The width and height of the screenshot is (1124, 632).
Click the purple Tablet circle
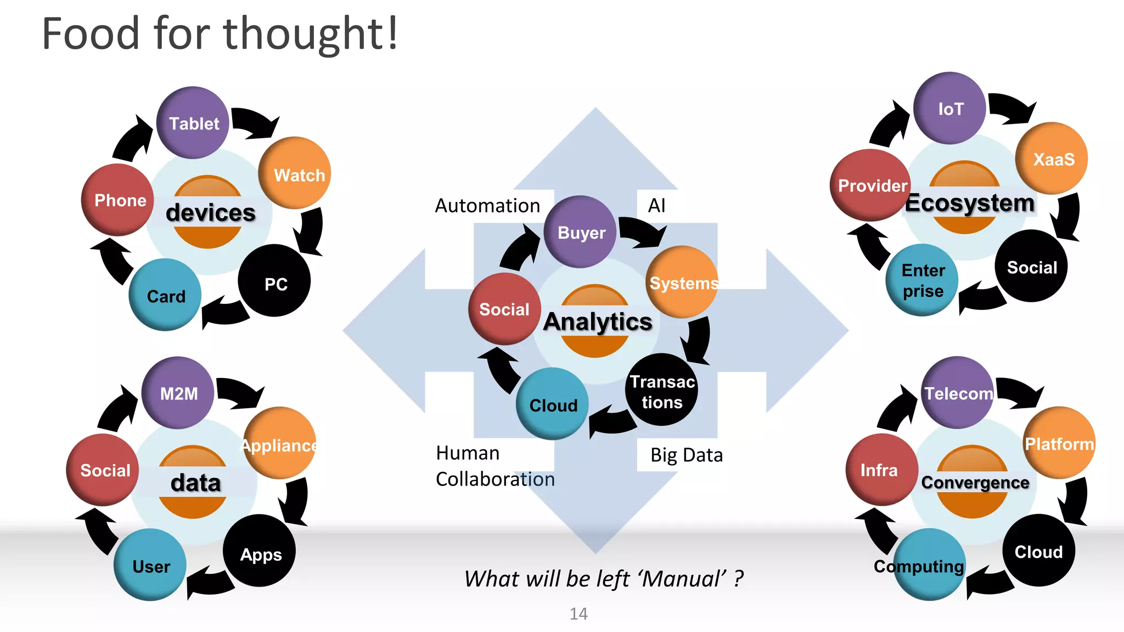point(193,123)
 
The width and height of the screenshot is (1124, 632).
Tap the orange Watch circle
point(295,173)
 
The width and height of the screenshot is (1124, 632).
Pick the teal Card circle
point(165,295)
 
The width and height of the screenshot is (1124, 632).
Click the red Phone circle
point(117,200)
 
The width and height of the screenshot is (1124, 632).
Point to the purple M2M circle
point(178,393)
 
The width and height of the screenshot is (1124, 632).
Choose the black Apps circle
point(260,551)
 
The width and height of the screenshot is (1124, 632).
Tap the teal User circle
point(150,565)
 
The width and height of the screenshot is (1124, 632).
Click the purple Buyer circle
point(581,232)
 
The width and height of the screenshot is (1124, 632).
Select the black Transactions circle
point(661,391)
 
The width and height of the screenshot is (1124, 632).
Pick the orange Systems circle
point(682,282)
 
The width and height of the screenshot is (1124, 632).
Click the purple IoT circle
point(950,109)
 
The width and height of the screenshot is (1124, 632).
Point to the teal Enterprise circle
point(923,280)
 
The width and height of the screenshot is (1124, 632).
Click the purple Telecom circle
point(958,393)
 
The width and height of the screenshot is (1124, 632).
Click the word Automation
point(487,206)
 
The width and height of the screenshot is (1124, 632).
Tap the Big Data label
point(686,455)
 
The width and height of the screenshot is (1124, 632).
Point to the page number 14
point(578,613)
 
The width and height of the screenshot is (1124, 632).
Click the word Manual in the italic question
point(683,579)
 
